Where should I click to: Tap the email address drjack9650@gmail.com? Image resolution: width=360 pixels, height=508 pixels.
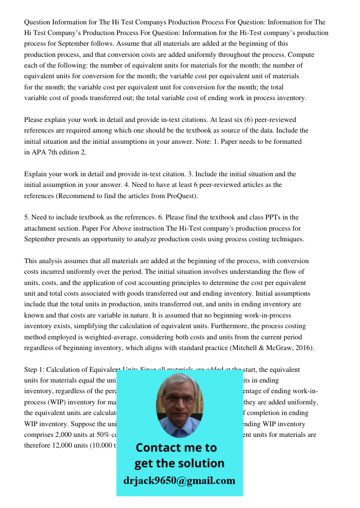179,481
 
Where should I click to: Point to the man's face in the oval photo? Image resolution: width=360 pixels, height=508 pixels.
178,401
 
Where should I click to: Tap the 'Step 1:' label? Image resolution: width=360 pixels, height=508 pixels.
36,370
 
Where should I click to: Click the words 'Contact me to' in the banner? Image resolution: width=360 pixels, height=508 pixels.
176,448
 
